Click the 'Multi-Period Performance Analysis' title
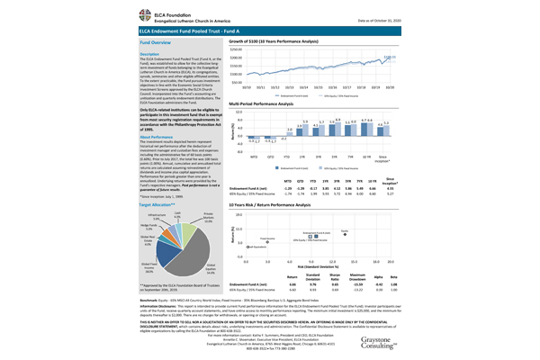270,104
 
